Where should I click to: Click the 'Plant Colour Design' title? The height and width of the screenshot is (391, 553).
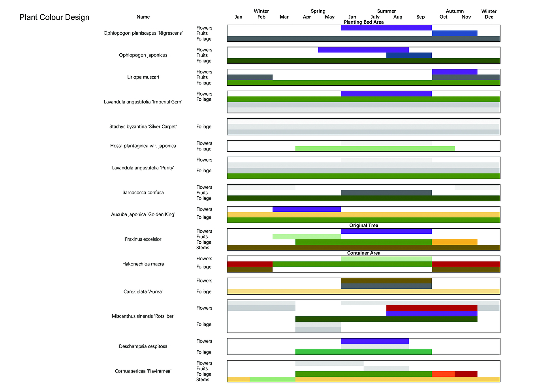pyautogui.click(x=55, y=17)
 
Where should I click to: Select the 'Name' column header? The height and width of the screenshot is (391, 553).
pyautogui.click(x=143, y=17)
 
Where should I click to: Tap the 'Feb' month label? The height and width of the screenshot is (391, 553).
pyautogui.click(x=261, y=17)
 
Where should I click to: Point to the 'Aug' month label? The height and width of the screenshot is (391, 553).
pyautogui.click(x=398, y=17)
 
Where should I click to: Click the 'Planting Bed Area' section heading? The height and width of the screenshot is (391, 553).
pyautogui.click(x=363, y=22)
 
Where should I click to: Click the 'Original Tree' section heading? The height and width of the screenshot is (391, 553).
pyautogui.click(x=363, y=226)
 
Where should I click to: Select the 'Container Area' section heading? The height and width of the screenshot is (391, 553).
pyautogui.click(x=363, y=253)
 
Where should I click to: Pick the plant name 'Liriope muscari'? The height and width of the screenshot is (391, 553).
pyautogui.click(x=143, y=77)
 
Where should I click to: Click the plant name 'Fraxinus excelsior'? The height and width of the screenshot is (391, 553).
pyautogui.click(x=143, y=239)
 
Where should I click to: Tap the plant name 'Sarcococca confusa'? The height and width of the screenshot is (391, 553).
pyautogui.click(x=143, y=193)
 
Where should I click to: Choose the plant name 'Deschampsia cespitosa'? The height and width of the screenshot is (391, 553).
pyautogui.click(x=143, y=346)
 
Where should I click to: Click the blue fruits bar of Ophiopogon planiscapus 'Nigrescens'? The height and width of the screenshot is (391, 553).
pyautogui.click(x=454, y=34)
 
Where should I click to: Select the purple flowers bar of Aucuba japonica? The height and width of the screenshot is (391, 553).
pyautogui.click(x=307, y=209)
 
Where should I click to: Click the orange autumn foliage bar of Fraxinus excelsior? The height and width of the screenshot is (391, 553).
pyautogui.click(x=454, y=242)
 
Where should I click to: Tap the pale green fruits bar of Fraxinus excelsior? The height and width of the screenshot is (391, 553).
pyautogui.click(x=307, y=237)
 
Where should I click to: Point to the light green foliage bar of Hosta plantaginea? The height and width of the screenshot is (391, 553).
pyautogui.click(x=375, y=149)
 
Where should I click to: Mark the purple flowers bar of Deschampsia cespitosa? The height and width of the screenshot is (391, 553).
pyautogui.click(x=375, y=341)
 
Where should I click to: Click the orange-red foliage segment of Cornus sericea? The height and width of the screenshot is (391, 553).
pyautogui.click(x=443, y=374)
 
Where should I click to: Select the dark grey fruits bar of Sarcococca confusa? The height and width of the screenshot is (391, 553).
pyautogui.click(x=386, y=193)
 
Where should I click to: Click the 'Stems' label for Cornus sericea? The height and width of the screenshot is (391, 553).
pyautogui.click(x=203, y=380)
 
